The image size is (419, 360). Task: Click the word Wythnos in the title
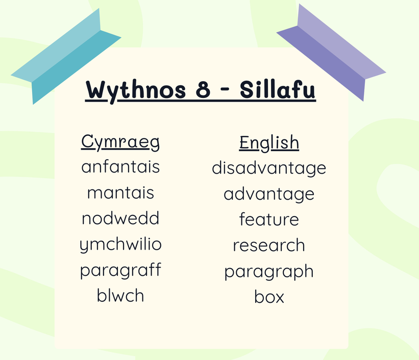coord(135,90)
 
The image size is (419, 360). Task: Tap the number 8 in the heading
coord(203,89)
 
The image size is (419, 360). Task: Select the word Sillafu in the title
coord(278,89)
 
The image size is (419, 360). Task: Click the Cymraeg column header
coord(120,142)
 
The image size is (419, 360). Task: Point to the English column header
coord(269,143)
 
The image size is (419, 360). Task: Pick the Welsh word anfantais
coord(120,166)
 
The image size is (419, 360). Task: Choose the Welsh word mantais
coord(120,193)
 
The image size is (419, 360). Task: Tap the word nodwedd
coord(120,218)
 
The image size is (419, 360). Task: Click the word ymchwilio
coord(120,245)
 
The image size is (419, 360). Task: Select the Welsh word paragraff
coord(120,271)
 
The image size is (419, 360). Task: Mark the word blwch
coord(120,295)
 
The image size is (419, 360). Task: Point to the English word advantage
coord(269,195)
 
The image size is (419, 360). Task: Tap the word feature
coord(269,219)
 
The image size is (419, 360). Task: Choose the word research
coord(269,245)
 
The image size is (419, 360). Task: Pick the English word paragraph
coord(269,272)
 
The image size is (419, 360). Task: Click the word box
coord(269,297)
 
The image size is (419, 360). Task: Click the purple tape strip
coord(331,53)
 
